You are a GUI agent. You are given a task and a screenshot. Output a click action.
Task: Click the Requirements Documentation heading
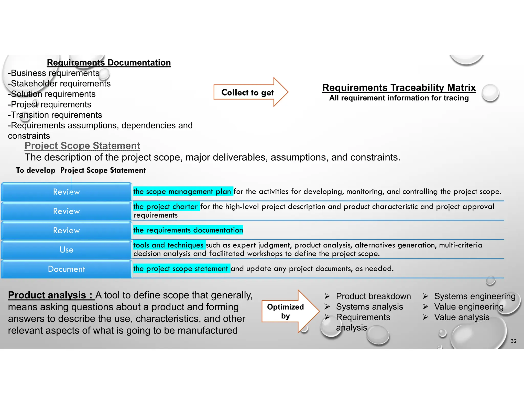(109, 63)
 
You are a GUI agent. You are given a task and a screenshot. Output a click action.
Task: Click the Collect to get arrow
(247, 92)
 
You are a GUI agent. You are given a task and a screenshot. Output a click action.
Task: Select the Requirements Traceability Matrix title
(399, 88)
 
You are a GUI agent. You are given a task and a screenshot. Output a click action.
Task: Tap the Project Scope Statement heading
(82, 146)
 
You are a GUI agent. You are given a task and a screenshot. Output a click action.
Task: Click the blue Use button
(66, 249)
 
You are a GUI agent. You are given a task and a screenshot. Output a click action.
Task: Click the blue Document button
(66, 269)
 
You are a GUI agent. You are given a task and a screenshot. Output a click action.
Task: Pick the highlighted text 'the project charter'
(166, 206)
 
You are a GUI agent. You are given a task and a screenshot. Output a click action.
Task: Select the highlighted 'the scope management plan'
(182, 192)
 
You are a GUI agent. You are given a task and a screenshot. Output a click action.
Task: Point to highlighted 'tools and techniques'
(168, 245)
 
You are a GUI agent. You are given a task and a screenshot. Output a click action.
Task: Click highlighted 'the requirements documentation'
(188, 230)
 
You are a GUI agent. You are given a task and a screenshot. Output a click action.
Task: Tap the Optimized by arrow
(286, 311)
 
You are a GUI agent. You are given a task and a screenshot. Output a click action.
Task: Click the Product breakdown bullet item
(373, 296)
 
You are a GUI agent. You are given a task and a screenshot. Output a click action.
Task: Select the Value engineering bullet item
(468, 307)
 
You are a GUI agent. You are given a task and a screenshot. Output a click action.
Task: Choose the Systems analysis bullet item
(369, 307)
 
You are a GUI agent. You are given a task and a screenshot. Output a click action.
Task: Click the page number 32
(513, 341)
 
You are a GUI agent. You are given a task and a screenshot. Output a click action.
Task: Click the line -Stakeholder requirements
(59, 84)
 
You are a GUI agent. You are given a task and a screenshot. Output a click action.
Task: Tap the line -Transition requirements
(55, 115)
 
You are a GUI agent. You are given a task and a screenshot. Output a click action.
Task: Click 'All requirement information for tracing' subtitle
(399, 98)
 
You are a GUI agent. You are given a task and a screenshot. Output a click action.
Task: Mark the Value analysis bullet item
(461, 317)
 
